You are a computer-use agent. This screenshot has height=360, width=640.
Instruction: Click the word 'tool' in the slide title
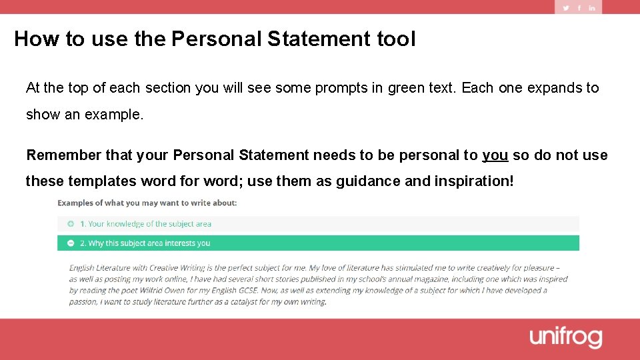(x=395, y=39)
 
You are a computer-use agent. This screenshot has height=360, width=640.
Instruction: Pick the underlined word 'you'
(x=495, y=155)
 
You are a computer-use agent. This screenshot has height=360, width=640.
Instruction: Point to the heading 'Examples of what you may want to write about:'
(x=147, y=203)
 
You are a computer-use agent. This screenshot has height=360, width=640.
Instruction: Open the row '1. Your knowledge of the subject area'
(x=145, y=224)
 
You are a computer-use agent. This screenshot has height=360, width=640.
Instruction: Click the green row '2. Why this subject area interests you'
(x=145, y=243)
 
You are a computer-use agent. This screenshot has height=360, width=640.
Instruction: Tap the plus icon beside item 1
(x=71, y=224)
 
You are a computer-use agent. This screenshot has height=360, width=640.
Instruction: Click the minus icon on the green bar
(x=71, y=243)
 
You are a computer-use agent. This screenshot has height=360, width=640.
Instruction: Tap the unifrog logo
(x=566, y=337)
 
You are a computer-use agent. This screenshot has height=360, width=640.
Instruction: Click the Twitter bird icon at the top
(x=566, y=8)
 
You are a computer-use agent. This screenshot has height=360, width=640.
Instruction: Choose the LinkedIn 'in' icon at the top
(x=592, y=8)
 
